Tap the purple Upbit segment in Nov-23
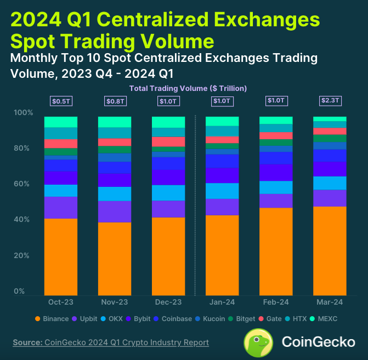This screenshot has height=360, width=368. [x=114, y=212]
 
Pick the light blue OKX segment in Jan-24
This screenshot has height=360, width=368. [x=222, y=191]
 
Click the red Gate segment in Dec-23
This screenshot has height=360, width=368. [x=168, y=141]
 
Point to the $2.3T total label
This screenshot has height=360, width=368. [x=330, y=101]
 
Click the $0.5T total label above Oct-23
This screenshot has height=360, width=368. [x=60, y=101]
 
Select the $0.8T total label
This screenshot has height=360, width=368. [x=114, y=101]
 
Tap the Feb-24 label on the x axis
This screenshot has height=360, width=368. [x=276, y=302]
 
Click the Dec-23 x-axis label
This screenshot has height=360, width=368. [x=168, y=302]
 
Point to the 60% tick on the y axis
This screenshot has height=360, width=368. [x=22, y=184]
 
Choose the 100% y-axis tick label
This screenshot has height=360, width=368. [x=22, y=113]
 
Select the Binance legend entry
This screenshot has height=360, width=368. [x=52, y=319]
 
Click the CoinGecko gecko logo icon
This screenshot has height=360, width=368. [x=259, y=342]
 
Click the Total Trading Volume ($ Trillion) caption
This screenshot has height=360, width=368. [x=188, y=88]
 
